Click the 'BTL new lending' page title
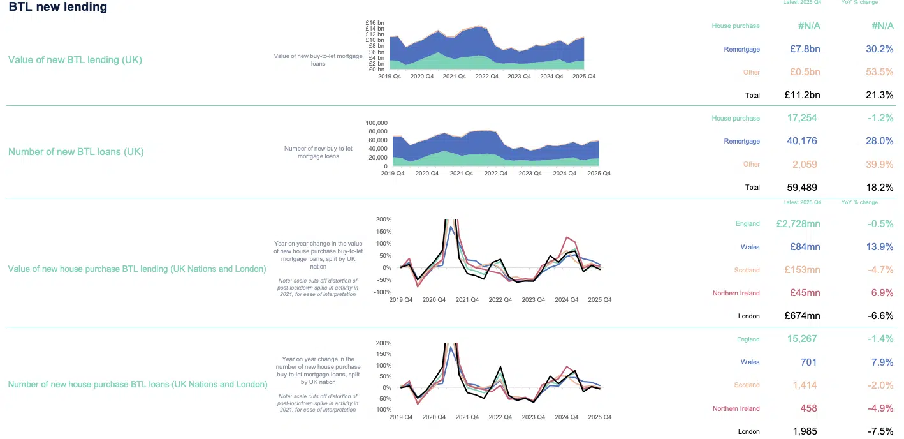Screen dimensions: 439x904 coord(58,8)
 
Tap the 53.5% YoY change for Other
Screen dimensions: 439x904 coord(878,72)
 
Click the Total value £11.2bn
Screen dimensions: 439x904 coord(802,95)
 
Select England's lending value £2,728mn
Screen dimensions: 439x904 coord(798,224)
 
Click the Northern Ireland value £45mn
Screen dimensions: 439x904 coord(805,294)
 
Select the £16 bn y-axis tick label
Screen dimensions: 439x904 coord(375,22)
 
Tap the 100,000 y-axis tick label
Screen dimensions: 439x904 coord(376,123)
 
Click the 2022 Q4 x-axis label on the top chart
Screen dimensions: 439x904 coord(486,77)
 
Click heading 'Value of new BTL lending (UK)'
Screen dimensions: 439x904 coord(75,60)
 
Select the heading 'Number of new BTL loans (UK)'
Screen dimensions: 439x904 coord(76,152)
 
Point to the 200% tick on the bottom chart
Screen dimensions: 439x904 coord(384,343)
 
